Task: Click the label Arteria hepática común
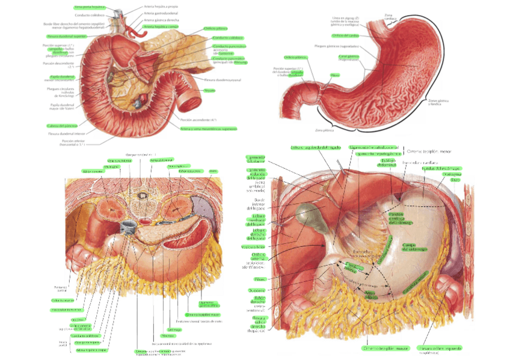161,27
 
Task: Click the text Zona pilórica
324,130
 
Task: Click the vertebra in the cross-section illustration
142,195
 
